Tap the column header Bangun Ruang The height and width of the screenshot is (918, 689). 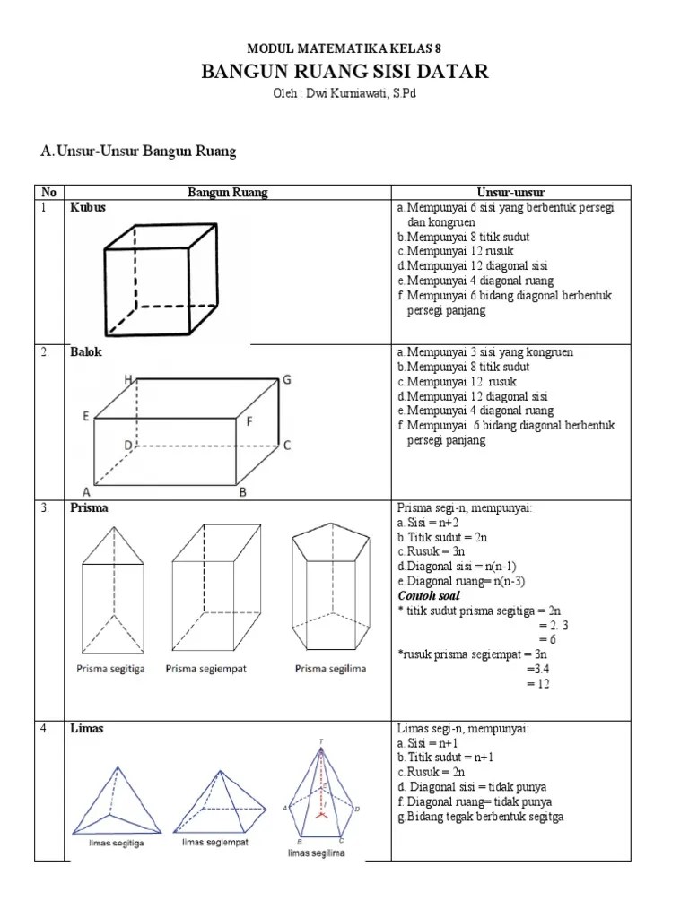(227, 192)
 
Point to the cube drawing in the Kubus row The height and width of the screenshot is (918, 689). (161, 279)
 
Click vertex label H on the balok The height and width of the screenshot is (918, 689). (129, 380)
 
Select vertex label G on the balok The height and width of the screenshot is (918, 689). (287, 380)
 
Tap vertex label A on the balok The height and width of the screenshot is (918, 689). (87, 491)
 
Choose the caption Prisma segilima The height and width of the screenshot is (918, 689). (330, 669)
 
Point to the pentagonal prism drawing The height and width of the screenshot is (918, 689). (329, 591)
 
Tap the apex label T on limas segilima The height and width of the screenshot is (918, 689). (321, 740)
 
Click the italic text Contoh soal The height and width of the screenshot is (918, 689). (428, 595)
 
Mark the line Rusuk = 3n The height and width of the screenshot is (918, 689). (428, 551)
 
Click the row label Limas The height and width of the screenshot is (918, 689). (87, 729)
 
